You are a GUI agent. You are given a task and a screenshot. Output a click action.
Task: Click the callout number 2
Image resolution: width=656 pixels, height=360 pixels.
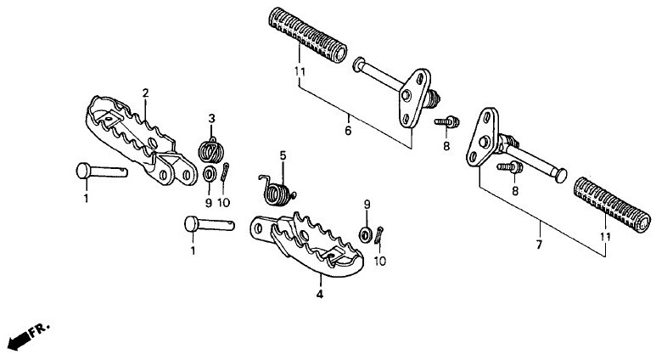[146, 93]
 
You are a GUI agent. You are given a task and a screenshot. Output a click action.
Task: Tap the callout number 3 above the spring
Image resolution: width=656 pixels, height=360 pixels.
[211, 119]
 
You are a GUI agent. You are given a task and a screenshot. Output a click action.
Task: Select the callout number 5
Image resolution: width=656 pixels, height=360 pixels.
[283, 156]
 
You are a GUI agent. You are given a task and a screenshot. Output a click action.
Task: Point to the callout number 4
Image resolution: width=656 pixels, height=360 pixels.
[320, 295]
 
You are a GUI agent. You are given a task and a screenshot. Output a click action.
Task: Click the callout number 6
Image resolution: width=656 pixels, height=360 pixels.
[348, 131]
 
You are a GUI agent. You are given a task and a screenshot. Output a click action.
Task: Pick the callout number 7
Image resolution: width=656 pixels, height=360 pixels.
[539, 245]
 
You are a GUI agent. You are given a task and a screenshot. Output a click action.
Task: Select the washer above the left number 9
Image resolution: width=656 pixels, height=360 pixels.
[209, 174]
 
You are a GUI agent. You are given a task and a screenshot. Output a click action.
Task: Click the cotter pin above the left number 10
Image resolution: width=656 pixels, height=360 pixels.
[225, 172]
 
